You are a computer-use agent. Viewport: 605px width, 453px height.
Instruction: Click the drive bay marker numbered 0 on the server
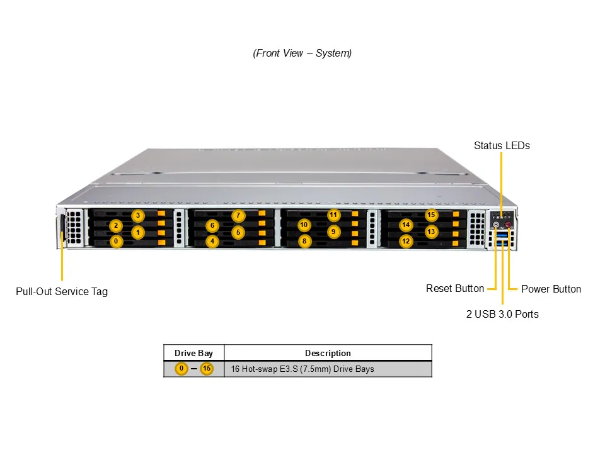pyautogui.click(x=116, y=241)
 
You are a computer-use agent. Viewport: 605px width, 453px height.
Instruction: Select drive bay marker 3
pyautogui.click(x=138, y=216)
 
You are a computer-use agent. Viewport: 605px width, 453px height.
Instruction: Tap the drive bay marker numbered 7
pyautogui.click(x=238, y=216)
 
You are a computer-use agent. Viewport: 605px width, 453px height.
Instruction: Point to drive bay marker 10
pyautogui.click(x=304, y=225)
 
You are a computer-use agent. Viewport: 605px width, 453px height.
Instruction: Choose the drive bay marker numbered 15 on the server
pyautogui.click(x=431, y=215)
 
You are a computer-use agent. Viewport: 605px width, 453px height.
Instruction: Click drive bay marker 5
pyautogui.click(x=238, y=232)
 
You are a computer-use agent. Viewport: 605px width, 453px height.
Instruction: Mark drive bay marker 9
pyautogui.click(x=334, y=232)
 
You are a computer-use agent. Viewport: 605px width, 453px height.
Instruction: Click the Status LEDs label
pyautogui.click(x=502, y=146)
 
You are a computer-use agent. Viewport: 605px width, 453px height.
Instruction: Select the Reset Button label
pyautogui.click(x=455, y=289)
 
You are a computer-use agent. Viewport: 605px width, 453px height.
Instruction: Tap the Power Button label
pyautogui.click(x=551, y=289)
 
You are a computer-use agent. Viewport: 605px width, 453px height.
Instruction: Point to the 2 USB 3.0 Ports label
pyautogui.click(x=502, y=314)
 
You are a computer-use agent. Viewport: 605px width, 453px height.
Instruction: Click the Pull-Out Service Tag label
pyautogui.click(x=62, y=292)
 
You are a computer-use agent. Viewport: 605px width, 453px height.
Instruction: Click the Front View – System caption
pyautogui.click(x=302, y=53)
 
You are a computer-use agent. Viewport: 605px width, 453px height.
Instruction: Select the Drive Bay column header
pyautogui.click(x=193, y=354)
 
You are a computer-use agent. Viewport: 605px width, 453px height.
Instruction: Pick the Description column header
pyautogui.click(x=328, y=354)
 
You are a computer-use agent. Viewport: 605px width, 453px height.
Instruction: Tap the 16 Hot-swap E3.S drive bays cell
pyautogui.click(x=302, y=369)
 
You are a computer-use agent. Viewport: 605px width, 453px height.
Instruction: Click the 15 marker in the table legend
pyautogui.click(x=207, y=369)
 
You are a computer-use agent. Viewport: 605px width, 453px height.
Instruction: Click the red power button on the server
pyautogui.click(x=508, y=224)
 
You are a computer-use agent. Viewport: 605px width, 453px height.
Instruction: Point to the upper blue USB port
pyautogui.click(x=502, y=233)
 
